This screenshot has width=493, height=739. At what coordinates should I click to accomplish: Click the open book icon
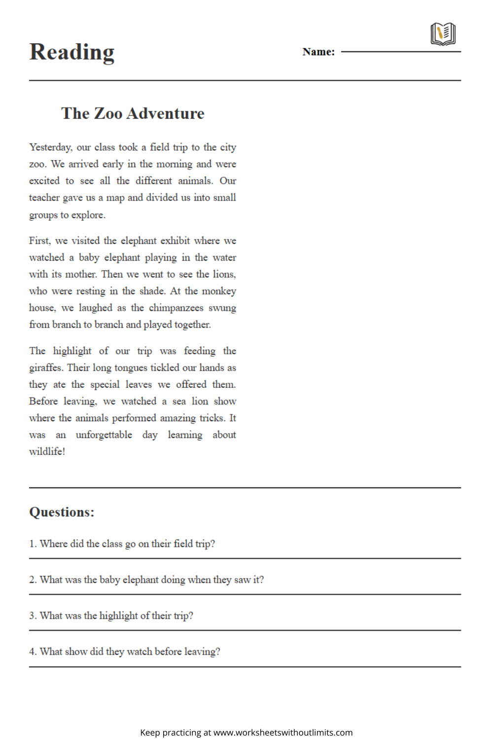pyautogui.click(x=443, y=34)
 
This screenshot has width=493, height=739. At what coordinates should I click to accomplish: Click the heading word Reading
pyautogui.click(x=72, y=52)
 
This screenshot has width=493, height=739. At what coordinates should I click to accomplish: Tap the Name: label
pyautogui.click(x=318, y=52)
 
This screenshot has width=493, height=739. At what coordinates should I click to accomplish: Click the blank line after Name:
pyautogui.click(x=401, y=51)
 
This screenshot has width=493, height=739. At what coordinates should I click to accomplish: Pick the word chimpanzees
pyautogui.click(x=176, y=308)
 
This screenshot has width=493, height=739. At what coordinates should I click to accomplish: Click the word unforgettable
pyautogui.click(x=104, y=435)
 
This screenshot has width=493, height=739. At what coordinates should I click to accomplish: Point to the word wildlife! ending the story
pyautogui.click(x=47, y=452)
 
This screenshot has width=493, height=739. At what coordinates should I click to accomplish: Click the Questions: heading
pyautogui.click(x=62, y=512)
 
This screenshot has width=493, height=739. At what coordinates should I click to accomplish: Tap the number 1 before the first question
pyautogui.click(x=32, y=544)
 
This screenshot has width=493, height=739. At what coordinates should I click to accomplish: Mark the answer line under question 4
pyautogui.click(x=245, y=667)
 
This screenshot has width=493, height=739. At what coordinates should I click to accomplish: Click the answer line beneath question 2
pyautogui.click(x=245, y=594)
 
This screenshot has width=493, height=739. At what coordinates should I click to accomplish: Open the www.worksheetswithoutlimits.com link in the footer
pyautogui.click(x=283, y=733)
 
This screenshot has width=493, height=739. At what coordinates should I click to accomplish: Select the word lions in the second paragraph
pyautogui.click(x=224, y=274)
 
